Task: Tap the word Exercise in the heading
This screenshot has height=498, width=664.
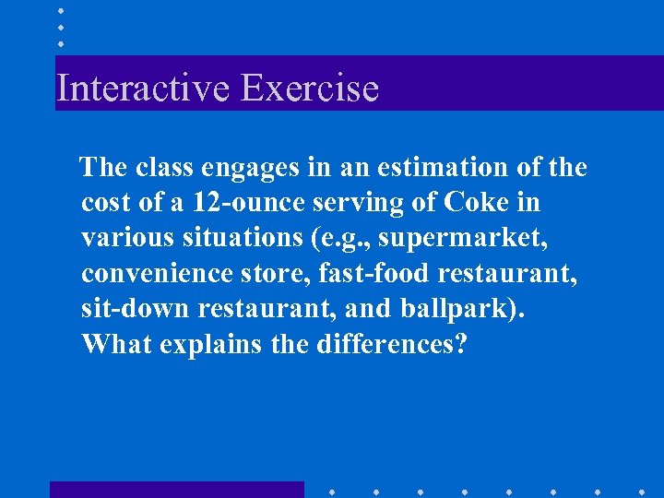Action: coord(310,89)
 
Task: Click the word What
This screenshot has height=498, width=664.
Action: coord(116,343)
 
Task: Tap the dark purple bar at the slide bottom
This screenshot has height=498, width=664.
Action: coord(176,490)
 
